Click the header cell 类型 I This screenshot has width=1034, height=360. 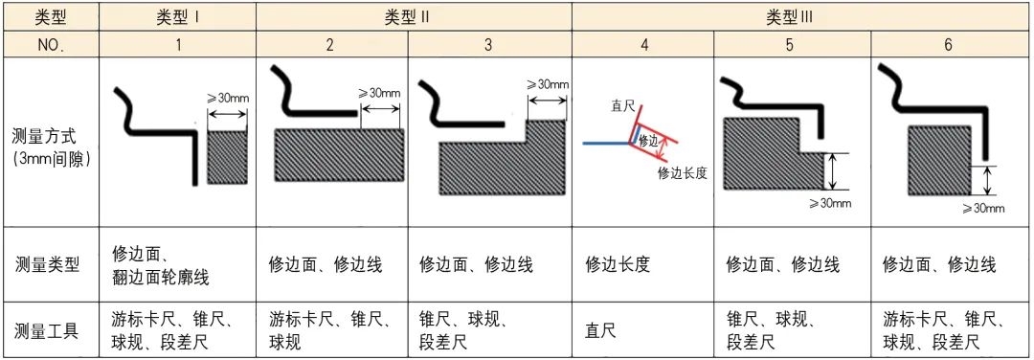coord(178,16)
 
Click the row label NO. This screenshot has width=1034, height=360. coord(50,44)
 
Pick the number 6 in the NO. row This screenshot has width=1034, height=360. coord(948,44)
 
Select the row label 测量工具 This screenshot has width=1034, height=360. coord(50,331)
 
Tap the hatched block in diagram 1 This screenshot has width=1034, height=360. coord(227,157)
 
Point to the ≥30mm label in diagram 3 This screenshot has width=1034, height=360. coord(547,84)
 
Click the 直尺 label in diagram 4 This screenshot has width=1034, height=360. coord(623,107)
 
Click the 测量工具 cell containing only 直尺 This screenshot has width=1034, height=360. coord(600,331)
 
